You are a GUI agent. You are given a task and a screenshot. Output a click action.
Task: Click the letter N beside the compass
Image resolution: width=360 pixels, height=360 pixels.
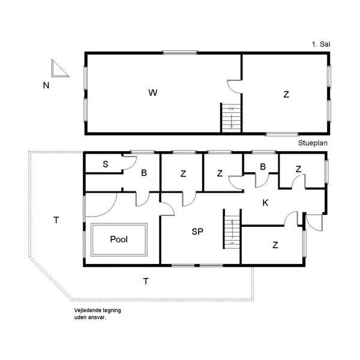coord(46,85)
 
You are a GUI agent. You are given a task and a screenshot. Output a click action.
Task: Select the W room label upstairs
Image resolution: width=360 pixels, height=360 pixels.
coord(153,92)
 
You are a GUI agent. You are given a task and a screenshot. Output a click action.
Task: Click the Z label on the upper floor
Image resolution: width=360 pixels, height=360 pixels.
coord(286,94)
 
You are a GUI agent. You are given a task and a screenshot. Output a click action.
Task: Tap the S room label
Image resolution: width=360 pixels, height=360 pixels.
coord(105,164)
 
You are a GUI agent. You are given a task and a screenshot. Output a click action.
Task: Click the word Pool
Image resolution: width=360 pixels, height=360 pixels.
coord(119,239)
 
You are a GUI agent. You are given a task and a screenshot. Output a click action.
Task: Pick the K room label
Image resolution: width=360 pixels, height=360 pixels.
coord(265,203)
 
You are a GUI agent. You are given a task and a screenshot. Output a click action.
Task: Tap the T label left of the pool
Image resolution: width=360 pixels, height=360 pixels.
coord(56,220)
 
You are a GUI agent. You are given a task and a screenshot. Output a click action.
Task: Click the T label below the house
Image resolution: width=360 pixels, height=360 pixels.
coord(145,280)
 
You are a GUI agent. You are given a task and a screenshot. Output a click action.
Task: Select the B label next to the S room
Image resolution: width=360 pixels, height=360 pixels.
coord(143,173)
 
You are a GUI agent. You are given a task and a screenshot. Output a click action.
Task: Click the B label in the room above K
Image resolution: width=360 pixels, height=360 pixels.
coord(263,167)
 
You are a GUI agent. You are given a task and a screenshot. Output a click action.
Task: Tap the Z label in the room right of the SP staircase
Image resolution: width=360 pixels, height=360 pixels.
coord(275,244)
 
